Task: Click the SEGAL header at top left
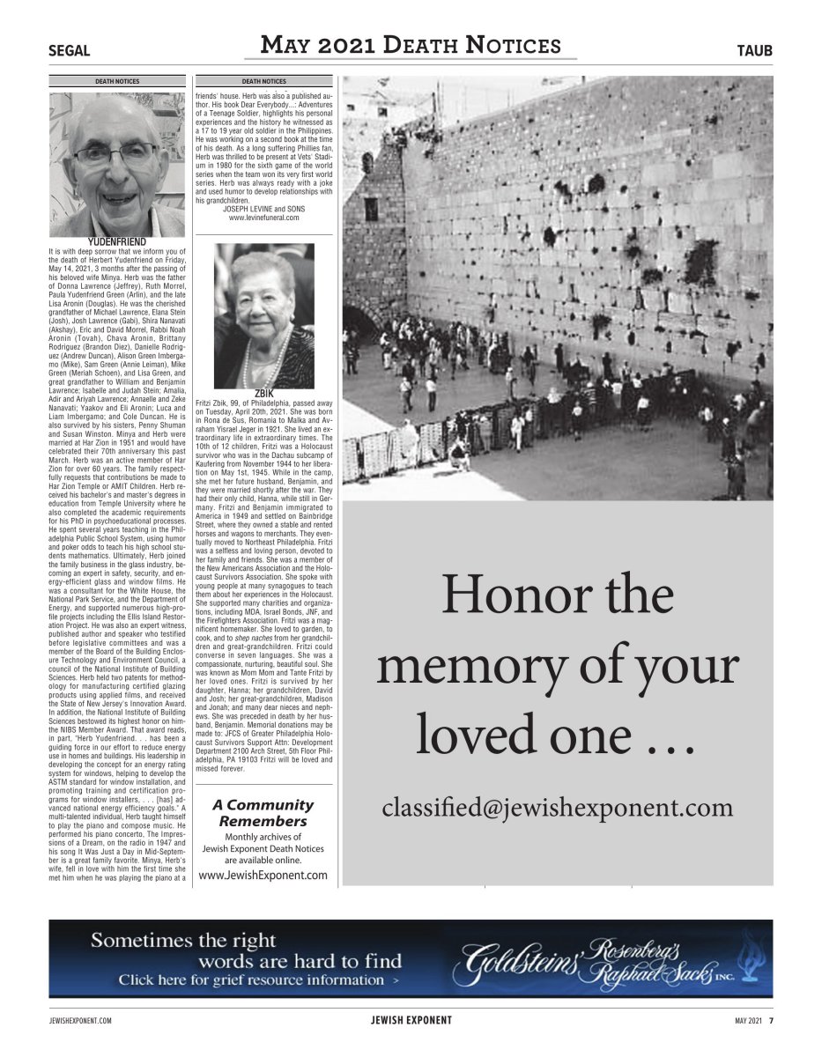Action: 69,51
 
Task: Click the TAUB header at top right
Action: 754,51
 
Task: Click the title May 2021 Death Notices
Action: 411,46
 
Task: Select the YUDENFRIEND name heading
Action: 117,241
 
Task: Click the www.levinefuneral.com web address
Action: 263,217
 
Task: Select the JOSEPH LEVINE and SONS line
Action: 263,208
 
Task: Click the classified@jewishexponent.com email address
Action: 557,808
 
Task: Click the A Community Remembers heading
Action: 263,812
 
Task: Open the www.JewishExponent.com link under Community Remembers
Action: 263,875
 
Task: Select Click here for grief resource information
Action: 260,979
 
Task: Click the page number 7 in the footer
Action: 770,1021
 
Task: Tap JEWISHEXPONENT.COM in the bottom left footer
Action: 80,1021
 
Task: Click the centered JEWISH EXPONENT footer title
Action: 411,1021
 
